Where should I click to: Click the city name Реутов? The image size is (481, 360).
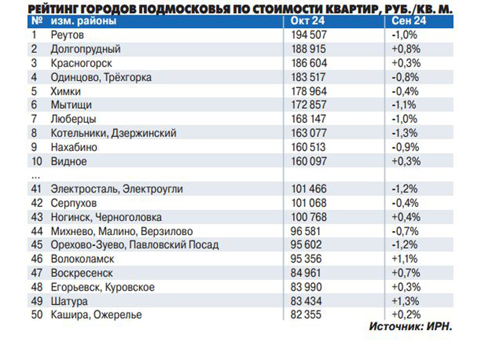coord(67,35)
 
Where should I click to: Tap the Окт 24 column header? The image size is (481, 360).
coord(307,21)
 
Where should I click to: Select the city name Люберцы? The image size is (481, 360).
coord(73,119)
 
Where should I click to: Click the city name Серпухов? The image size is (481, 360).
coord(73,203)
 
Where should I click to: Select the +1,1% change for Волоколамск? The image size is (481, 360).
coord(404,259)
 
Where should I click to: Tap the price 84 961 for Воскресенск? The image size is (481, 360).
coord(310,273)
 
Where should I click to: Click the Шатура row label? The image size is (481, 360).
coord(69,301)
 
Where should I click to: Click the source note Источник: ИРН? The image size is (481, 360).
coord(410,328)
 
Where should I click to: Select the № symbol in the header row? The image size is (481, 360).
coord(35,21)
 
